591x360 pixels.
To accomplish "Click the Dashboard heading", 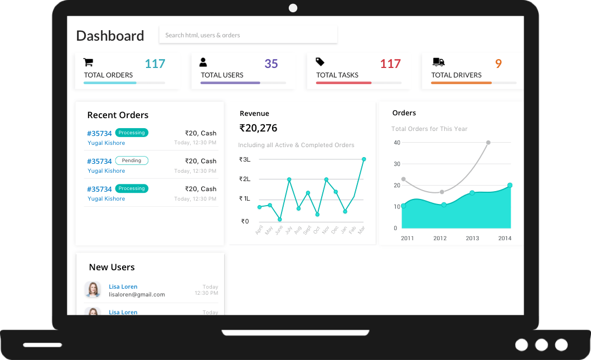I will pos(110,36).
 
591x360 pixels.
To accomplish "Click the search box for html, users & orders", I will pos(248,35).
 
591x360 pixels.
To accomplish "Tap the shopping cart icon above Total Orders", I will pos(88,62).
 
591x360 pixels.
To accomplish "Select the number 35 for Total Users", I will pos(271,64).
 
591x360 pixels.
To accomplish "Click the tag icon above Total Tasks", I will pos(320,62).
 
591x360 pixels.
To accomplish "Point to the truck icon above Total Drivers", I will pos(438,62).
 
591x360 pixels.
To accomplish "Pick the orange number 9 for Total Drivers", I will pos(498,64).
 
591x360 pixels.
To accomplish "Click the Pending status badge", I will pos(132,160).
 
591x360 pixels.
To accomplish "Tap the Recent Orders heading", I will pos(118,115).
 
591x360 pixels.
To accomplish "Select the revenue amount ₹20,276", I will pos(258,128).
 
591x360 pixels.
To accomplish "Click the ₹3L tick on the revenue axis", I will pos(245,159).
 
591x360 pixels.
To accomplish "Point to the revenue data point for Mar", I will pos(364,159).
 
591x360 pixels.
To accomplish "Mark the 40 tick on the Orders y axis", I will pos(397,143).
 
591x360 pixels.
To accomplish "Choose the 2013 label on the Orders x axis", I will pos(472,238).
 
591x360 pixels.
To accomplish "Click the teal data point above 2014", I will pos(510,185).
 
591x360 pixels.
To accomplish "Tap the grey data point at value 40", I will pos(488,143).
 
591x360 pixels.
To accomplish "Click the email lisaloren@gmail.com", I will pos(137,294).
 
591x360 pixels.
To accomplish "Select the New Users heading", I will pos(112,267).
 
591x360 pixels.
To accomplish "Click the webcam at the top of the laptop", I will pos(293,8).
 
